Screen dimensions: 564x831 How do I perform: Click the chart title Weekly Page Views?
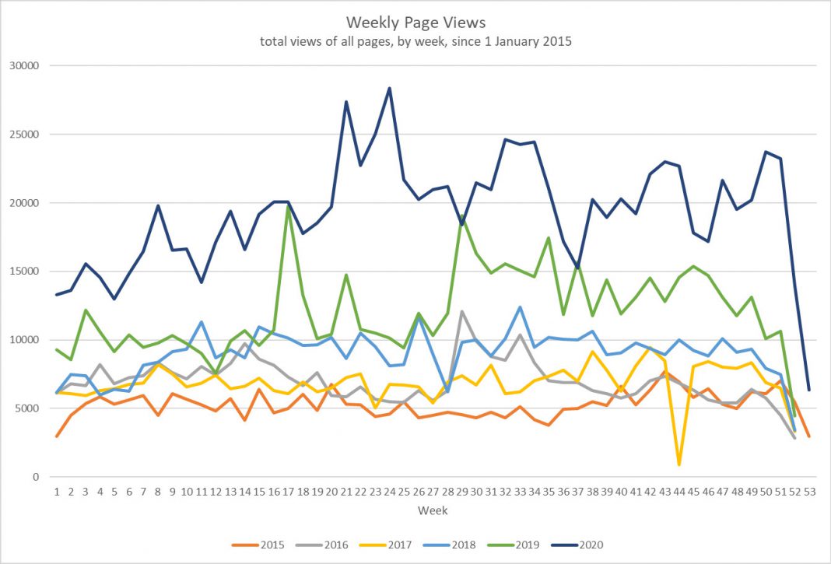(415, 23)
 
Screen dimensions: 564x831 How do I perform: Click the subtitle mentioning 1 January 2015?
(415, 41)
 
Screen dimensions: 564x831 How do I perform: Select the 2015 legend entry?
(265, 545)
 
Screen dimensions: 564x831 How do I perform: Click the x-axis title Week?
(433, 511)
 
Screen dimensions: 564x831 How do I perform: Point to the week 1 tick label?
(57, 492)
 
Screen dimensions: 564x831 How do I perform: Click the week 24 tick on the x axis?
(389, 492)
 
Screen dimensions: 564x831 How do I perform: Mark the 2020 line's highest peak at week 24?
(389, 88)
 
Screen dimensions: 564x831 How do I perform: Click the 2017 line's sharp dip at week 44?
(679, 464)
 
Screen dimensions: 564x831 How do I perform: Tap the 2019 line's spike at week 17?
(288, 206)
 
